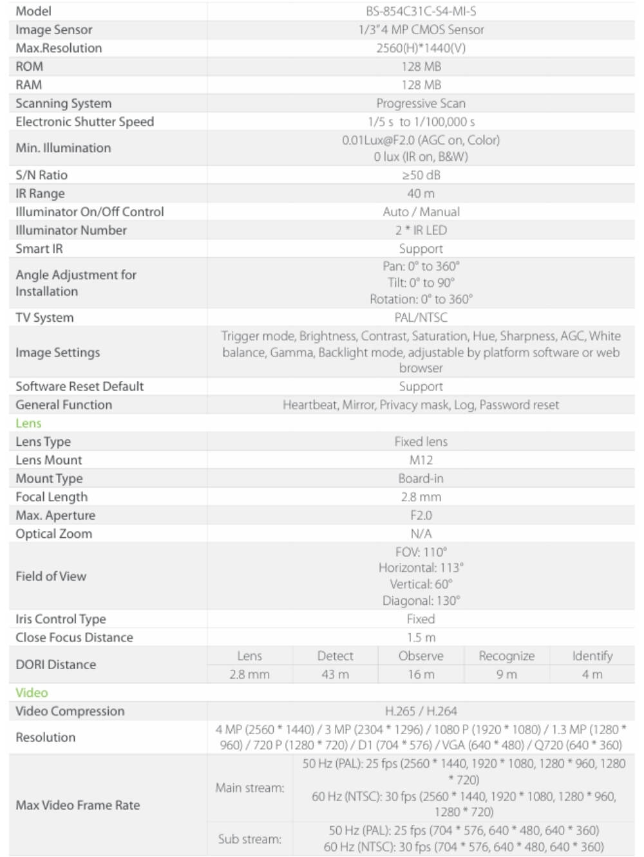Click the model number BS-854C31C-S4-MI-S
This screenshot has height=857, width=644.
[x=421, y=11]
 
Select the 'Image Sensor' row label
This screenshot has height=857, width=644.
[x=54, y=30]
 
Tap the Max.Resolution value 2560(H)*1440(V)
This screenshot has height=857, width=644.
[x=421, y=48]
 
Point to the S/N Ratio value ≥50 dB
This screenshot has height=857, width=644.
[x=421, y=175]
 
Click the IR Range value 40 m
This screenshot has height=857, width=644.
[x=421, y=194]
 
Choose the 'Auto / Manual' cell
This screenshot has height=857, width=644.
[x=421, y=212]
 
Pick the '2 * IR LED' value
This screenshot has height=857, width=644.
[x=421, y=230]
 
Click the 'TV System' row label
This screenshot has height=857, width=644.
[x=44, y=317]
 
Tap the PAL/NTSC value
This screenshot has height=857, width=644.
[x=421, y=317]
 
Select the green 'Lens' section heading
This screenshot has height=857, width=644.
[x=28, y=423]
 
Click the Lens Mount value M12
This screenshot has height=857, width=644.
[x=421, y=460]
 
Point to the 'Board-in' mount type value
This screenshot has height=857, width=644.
[x=421, y=479]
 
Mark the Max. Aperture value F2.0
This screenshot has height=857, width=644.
[x=421, y=515]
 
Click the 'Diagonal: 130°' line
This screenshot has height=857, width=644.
[x=421, y=601]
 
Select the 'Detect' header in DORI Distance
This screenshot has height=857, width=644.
[x=335, y=656]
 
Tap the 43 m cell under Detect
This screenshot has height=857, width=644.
[x=335, y=674]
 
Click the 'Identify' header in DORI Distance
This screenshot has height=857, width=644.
[x=592, y=656]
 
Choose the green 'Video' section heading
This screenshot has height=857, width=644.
[x=32, y=693]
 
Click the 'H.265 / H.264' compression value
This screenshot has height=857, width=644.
[x=421, y=711]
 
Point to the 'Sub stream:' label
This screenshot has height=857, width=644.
[x=249, y=839]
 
